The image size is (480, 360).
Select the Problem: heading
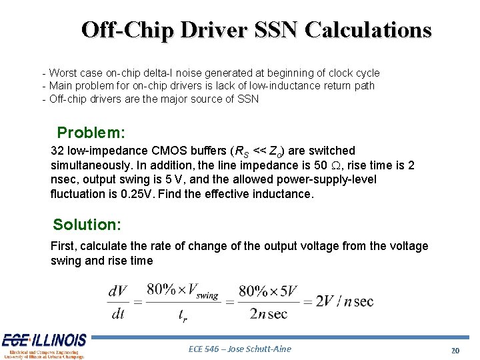[x=91, y=132]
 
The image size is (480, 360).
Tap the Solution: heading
[x=87, y=224]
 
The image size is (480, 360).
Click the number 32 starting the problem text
[x=57, y=151]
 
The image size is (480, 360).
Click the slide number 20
[x=455, y=351]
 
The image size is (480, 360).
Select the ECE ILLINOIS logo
[x=44, y=345]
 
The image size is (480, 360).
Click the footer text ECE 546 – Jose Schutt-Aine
[x=240, y=349]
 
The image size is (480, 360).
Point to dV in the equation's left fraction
[x=117, y=291]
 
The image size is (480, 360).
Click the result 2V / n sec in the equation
[x=345, y=301]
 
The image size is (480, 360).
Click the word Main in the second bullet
[x=61, y=85]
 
